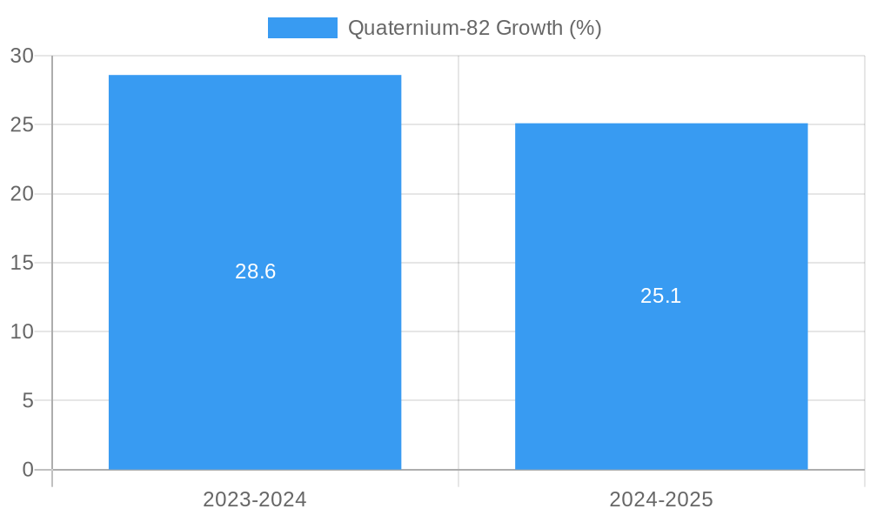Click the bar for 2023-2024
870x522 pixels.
coord(255,348)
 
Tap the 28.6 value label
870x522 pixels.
coord(255,271)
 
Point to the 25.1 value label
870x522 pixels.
coord(661,296)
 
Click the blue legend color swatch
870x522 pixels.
coord(302,28)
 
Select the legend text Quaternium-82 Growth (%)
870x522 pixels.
coord(475,28)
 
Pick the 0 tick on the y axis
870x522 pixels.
coord(27,470)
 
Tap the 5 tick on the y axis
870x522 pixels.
coord(27,401)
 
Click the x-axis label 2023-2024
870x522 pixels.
coord(255,499)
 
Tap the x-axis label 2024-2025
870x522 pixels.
coord(661,499)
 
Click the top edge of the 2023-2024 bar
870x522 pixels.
coord(255,76)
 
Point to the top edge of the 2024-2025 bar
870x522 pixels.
coord(661,124)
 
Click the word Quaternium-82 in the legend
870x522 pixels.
coord(418,28)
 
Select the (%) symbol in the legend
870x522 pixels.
coord(586,28)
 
